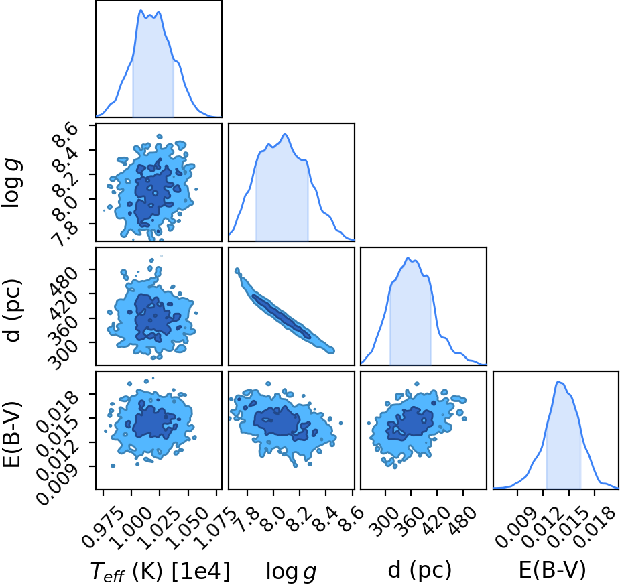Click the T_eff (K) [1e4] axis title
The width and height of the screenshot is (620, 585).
[x=160, y=571]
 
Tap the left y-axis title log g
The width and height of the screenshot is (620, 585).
[x=12, y=183]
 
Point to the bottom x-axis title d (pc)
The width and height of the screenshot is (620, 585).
[x=420, y=571]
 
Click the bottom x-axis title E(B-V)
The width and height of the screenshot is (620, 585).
[x=552, y=570]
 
